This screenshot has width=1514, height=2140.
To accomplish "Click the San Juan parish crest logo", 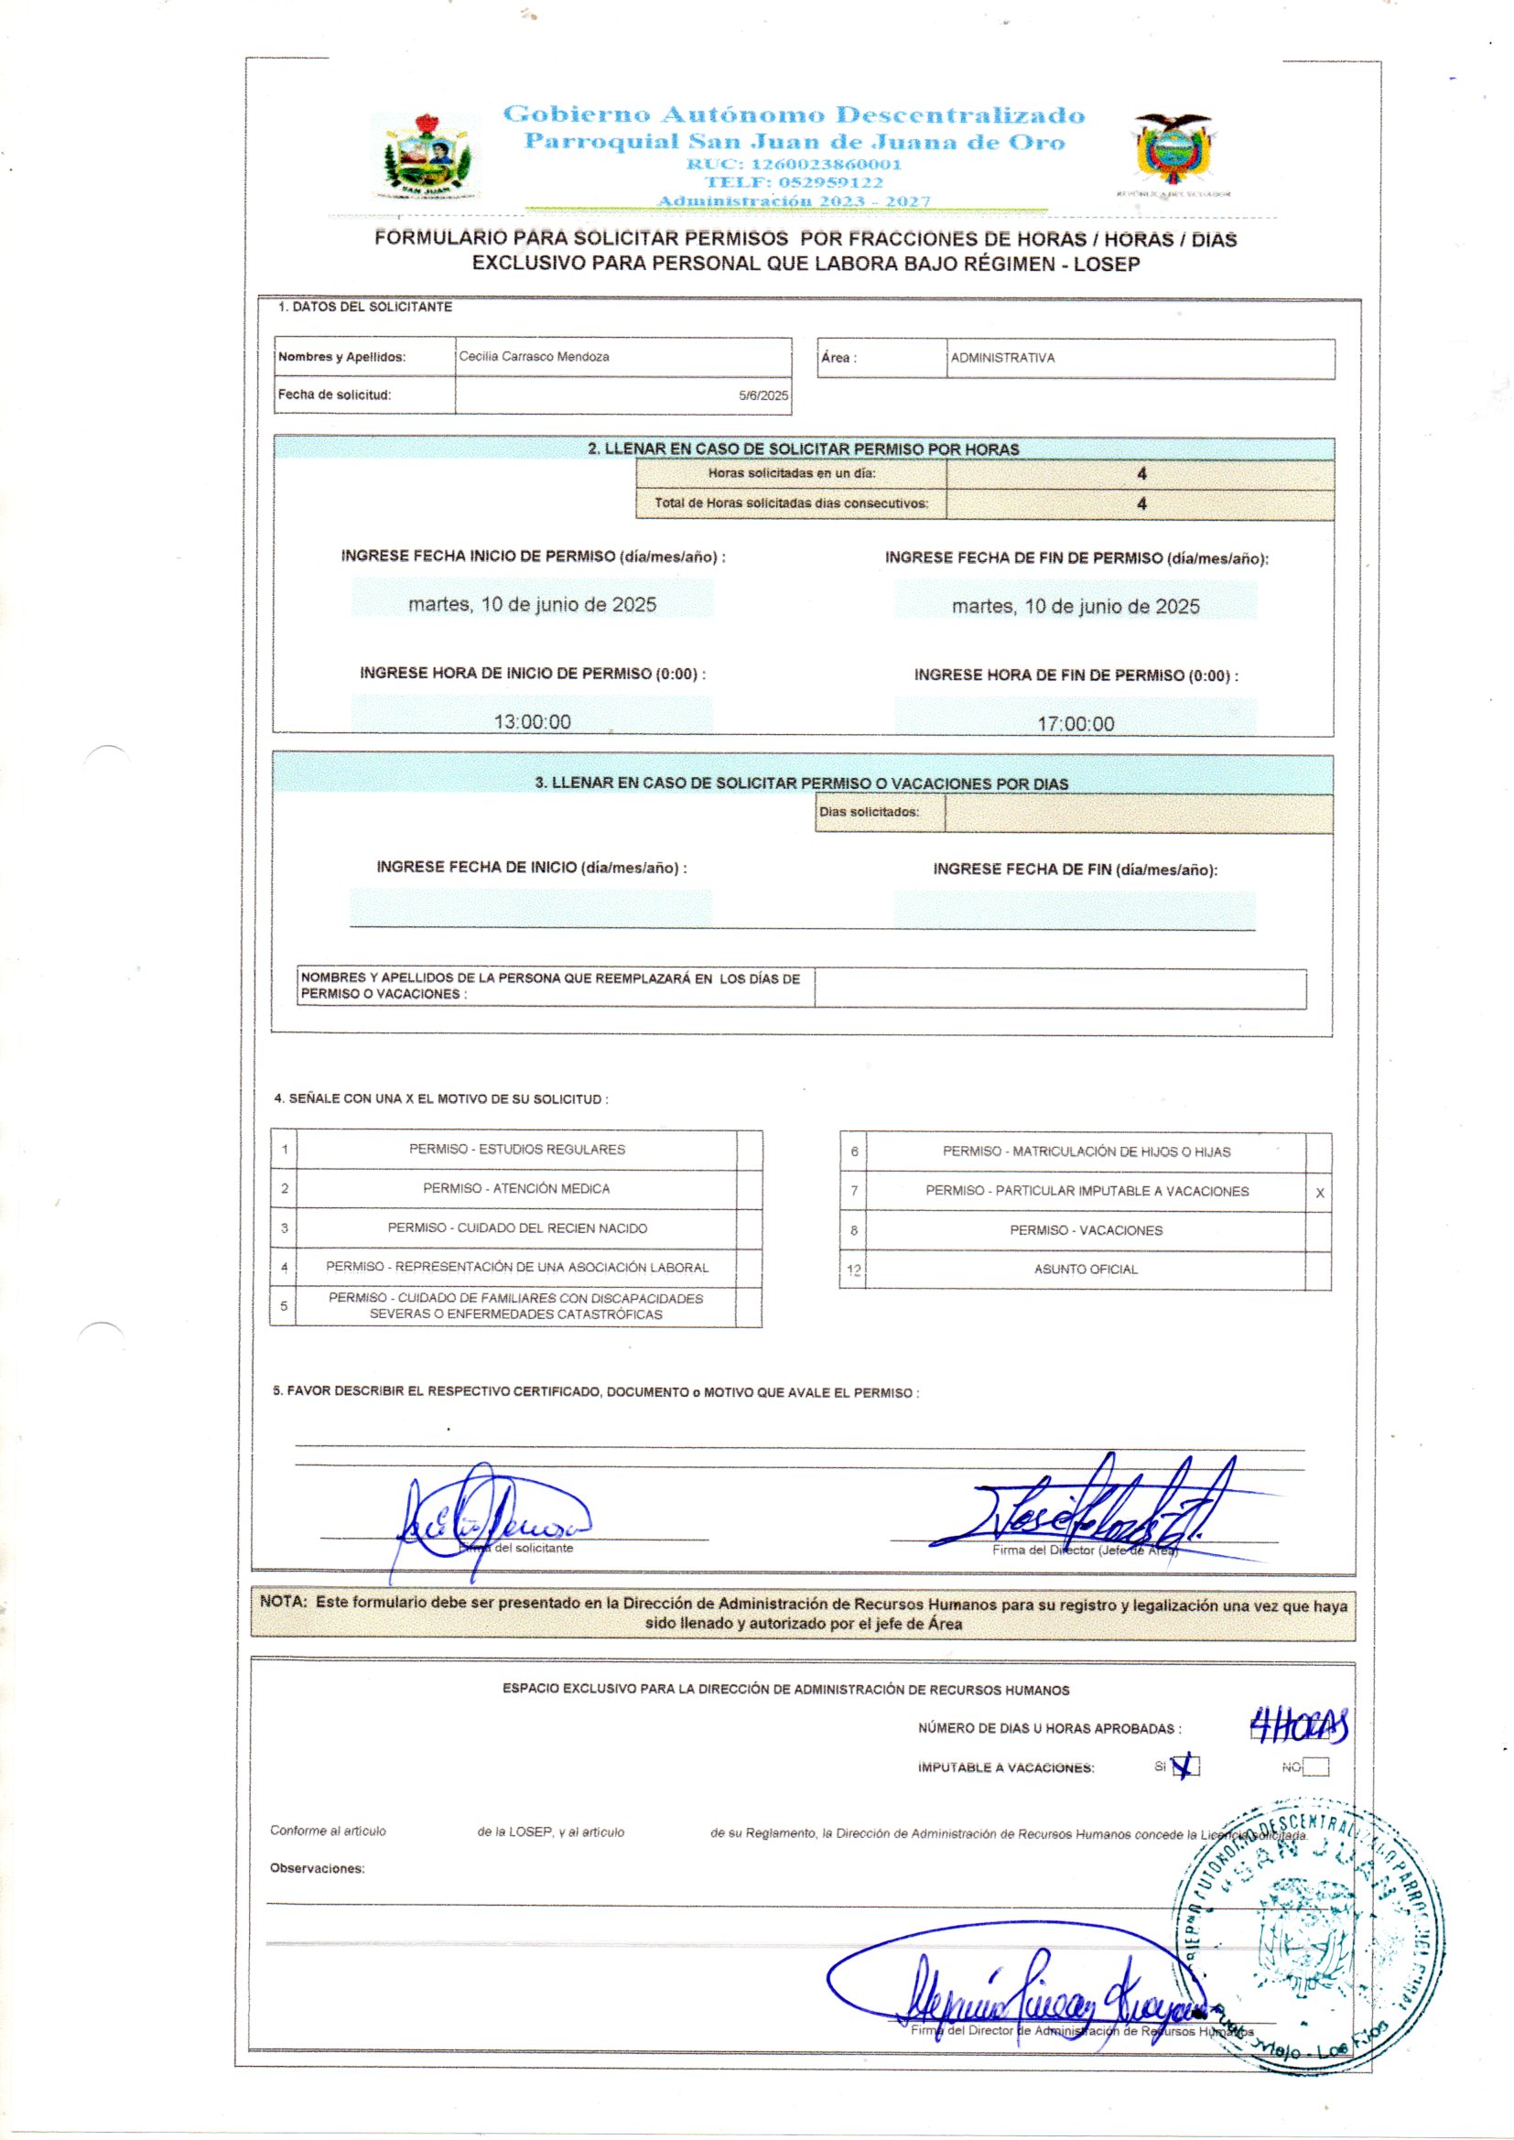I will (x=427, y=157).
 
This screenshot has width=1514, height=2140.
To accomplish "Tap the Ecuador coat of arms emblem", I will (x=1173, y=150).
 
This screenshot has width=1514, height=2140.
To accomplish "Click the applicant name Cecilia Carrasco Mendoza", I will (x=534, y=357).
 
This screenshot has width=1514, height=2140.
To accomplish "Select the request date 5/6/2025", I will (x=762, y=395).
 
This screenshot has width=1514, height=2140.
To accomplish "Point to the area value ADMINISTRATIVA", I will (x=1002, y=358).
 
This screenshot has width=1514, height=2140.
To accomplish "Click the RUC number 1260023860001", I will (x=794, y=164).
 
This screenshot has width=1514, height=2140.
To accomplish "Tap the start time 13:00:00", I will (x=533, y=721).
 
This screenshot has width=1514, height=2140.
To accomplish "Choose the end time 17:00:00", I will (x=1075, y=724).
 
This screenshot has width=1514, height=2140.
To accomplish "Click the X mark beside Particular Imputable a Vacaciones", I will (x=1319, y=1193).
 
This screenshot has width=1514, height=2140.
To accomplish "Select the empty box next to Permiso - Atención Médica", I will (x=749, y=1189).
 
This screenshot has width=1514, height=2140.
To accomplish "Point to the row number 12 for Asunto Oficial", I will (x=853, y=1270).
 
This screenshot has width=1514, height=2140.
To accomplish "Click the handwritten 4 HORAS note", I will (x=1299, y=1727).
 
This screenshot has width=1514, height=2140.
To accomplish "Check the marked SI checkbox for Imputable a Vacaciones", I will (x=1187, y=1767).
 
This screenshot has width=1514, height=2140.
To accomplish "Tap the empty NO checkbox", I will (x=1315, y=1767).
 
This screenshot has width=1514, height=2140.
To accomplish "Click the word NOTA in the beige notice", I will (x=283, y=1602).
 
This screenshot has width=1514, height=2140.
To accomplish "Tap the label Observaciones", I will (x=317, y=1869).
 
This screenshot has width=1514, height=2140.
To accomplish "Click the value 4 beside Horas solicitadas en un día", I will (x=1141, y=473).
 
